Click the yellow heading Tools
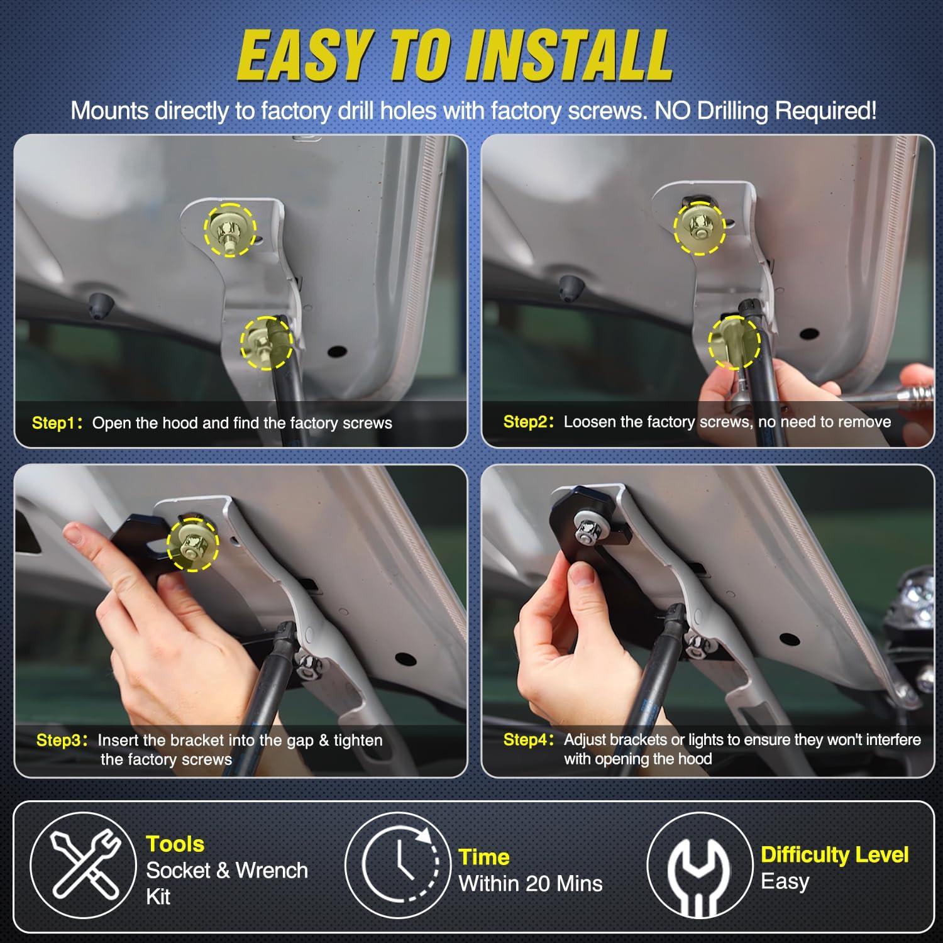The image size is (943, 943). click(175, 844)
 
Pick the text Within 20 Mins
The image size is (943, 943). click(531, 883)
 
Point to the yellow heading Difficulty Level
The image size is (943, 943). click(835, 854)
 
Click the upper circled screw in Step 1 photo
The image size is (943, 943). click(229, 230)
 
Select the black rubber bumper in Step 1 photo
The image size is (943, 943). click(99, 304)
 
